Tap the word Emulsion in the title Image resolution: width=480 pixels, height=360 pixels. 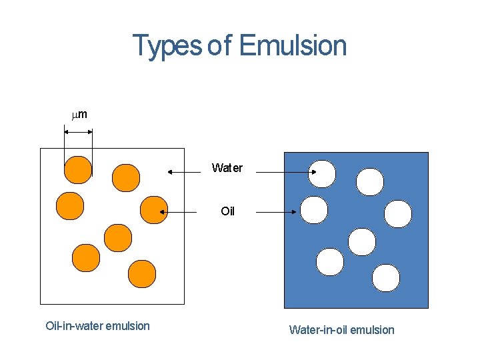click(293, 46)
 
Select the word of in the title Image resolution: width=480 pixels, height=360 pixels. click(220, 46)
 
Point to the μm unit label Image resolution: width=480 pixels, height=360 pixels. click(79, 115)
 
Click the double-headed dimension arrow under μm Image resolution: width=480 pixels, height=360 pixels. click(79, 132)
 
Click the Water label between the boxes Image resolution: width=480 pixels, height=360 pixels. click(227, 168)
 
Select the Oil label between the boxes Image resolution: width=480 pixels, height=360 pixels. click(228, 211)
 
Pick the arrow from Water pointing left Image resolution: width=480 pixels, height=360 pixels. click(184, 172)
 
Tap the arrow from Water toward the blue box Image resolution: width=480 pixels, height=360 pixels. click(286, 172)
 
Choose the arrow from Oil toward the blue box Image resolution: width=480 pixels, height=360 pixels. click(275, 212)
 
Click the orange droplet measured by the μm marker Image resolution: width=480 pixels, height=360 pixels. click(78, 169)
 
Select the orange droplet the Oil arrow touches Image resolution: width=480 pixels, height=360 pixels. click(154, 209)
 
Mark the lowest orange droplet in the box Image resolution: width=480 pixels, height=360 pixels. click(142, 273)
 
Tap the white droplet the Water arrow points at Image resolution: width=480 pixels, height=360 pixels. click(322, 174)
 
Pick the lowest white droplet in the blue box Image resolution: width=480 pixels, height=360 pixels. click(386, 278)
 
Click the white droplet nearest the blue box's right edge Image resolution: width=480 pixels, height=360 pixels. click(398, 214)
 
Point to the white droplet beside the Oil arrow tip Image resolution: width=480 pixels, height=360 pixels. click(314, 210)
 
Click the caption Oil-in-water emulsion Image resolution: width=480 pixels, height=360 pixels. click(97, 326)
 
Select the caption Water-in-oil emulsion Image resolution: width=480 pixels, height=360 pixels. click(341, 330)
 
